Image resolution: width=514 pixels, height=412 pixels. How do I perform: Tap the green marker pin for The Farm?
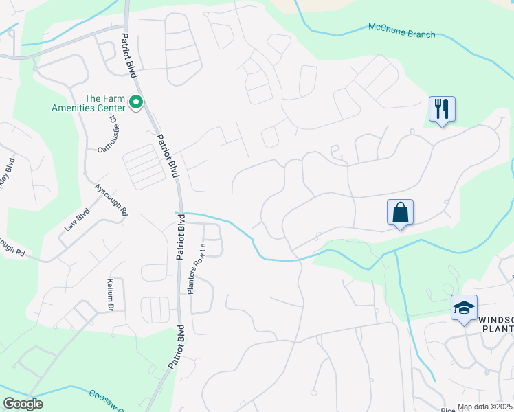[x=136, y=103]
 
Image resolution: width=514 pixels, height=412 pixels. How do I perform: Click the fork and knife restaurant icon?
[x=442, y=108]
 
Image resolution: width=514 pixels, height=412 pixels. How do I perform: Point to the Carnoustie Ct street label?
[x=109, y=135]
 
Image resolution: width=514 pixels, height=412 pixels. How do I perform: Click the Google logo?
[x=23, y=403]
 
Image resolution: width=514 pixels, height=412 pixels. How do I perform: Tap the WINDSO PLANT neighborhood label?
[x=495, y=325]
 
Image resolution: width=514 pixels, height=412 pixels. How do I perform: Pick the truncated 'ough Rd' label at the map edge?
[x=12, y=247]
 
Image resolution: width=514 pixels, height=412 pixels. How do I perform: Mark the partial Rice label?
[x=448, y=409]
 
